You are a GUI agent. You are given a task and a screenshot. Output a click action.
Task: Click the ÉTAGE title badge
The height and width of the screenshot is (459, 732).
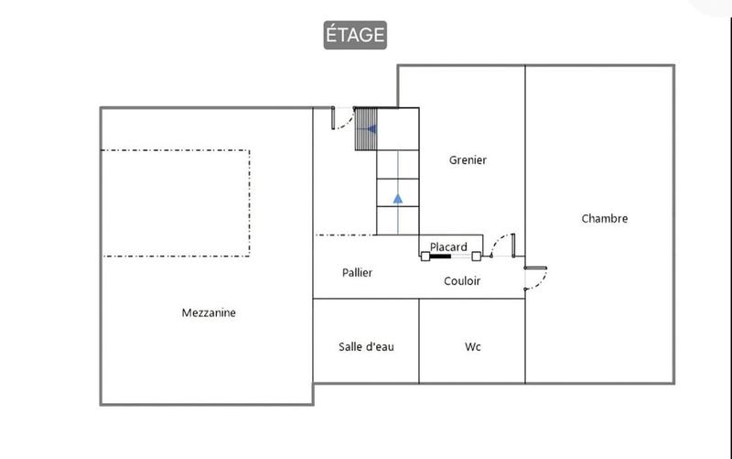355,35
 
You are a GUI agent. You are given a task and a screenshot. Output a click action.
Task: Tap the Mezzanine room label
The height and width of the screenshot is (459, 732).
209,312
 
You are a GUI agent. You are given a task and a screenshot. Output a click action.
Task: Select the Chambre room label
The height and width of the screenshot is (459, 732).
605,219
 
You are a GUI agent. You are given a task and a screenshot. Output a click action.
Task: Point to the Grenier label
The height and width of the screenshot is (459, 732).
468,160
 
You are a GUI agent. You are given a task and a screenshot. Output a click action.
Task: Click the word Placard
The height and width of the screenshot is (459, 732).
448,246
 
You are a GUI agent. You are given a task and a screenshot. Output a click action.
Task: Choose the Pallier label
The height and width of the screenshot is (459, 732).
357,272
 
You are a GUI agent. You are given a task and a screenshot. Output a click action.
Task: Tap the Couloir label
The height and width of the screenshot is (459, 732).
462,281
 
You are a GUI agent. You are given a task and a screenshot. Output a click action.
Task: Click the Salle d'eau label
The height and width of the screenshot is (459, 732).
366,346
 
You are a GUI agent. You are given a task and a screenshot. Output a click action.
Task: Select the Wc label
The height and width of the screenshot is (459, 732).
473,346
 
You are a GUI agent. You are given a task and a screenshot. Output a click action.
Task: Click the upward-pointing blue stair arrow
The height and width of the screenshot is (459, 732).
397,197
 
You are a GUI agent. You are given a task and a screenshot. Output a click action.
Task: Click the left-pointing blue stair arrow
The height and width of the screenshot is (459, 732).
371,129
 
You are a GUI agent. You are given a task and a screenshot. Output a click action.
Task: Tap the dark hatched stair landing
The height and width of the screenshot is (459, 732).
366,129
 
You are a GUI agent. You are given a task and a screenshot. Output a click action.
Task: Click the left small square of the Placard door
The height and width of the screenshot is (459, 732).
425,257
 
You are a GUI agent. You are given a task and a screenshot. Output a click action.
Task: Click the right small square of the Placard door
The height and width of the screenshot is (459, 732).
476,257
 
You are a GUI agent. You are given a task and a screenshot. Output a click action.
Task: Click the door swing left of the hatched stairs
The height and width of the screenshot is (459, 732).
342,117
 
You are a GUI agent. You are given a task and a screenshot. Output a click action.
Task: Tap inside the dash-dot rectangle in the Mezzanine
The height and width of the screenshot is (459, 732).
175,202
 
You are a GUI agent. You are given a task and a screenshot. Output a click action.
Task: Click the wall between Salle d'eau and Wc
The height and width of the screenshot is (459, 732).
419,341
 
